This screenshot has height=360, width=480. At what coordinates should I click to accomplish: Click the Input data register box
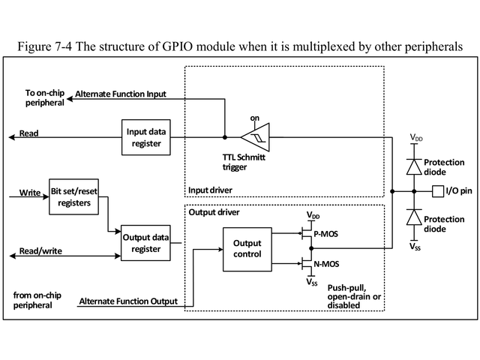pyautogui.click(x=147, y=137)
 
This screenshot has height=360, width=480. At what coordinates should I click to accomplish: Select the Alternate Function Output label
pyautogui.click(x=128, y=301)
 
